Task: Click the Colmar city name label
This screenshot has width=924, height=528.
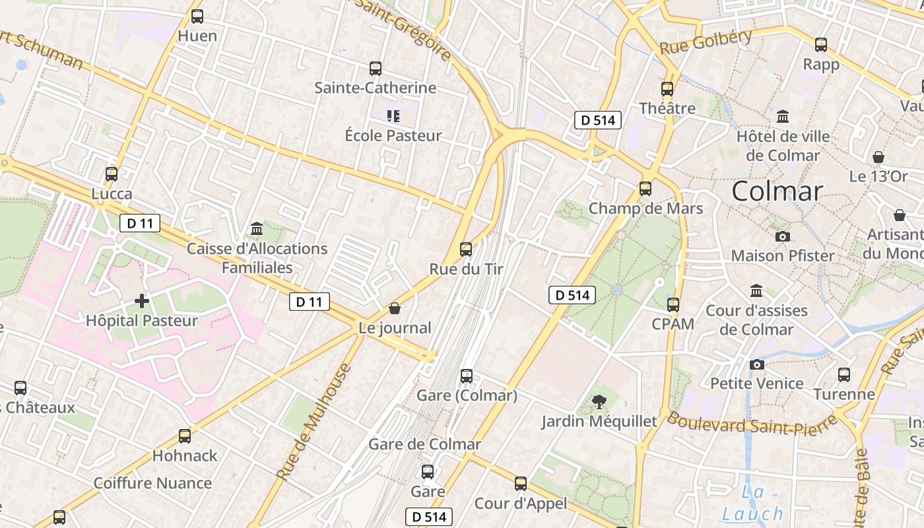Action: [x=777, y=191]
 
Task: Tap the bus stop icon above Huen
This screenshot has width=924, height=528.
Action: [x=197, y=16]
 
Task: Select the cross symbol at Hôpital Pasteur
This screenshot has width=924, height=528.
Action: [x=142, y=301]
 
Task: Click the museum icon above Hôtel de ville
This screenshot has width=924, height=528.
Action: [x=783, y=116]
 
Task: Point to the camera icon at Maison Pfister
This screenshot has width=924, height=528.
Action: [x=783, y=236]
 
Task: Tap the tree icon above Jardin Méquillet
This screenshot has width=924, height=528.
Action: [x=599, y=401]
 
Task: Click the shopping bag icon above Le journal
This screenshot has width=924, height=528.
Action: [x=395, y=308]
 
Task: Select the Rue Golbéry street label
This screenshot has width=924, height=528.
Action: [x=706, y=41]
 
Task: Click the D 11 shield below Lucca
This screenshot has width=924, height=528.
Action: [x=140, y=223]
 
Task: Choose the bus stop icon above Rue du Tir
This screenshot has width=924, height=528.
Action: [x=466, y=249]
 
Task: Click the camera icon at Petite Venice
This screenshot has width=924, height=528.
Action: [x=757, y=364]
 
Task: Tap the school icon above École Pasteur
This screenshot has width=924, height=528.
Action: [x=393, y=117]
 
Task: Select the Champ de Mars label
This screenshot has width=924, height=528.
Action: [x=645, y=209]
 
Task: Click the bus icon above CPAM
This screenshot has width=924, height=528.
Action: [x=673, y=305]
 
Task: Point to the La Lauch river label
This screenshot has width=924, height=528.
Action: [x=752, y=504]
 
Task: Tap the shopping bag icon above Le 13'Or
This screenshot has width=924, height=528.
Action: [x=878, y=157]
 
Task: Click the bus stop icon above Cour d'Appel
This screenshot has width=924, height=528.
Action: [x=521, y=484]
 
